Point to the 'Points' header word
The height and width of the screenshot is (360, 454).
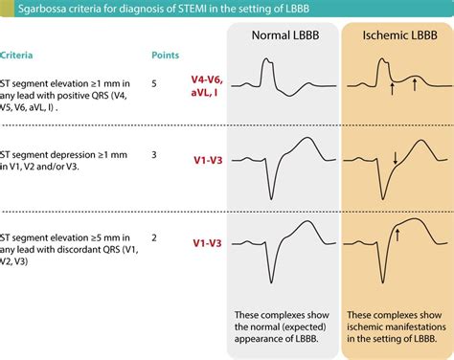[167, 56]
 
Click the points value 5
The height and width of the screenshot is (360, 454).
[155, 83]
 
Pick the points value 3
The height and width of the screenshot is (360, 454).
[155, 153]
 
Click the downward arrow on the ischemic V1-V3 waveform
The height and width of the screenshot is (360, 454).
[395, 157]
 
